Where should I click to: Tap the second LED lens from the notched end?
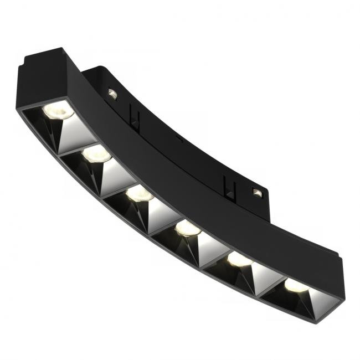click(x=96, y=154)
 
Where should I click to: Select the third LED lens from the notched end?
click(x=139, y=193)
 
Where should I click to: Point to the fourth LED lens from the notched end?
click(x=188, y=228)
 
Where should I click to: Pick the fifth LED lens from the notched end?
click(x=239, y=259)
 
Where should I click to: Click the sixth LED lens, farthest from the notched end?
click(x=295, y=285)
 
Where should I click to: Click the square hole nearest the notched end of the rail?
click(x=112, y=94)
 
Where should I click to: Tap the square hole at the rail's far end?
click(x=257, y=192)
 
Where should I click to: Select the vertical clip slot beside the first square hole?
click(x=132, y=115)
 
